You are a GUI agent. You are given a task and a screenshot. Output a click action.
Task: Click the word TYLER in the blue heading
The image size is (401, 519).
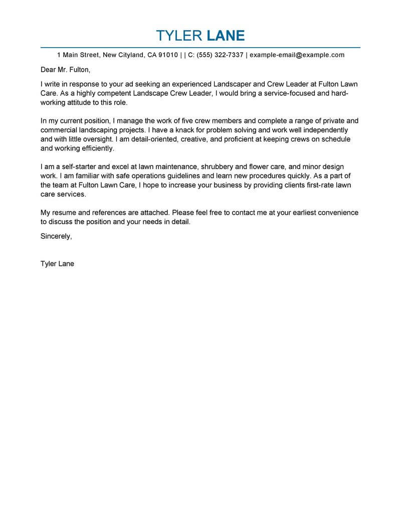(177, 36)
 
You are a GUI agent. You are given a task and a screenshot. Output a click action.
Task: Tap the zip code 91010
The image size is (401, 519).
(168, 55)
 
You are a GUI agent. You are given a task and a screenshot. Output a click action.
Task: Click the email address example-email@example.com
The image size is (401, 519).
(297, 55)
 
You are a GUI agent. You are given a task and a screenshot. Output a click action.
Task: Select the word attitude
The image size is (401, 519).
(89, 102)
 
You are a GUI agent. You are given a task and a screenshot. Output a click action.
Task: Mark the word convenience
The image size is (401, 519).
(336, 213)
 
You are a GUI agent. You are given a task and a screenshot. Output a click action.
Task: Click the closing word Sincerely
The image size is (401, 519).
(56, 236)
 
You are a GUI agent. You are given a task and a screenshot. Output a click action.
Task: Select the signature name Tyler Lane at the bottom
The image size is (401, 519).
(57, 263)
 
